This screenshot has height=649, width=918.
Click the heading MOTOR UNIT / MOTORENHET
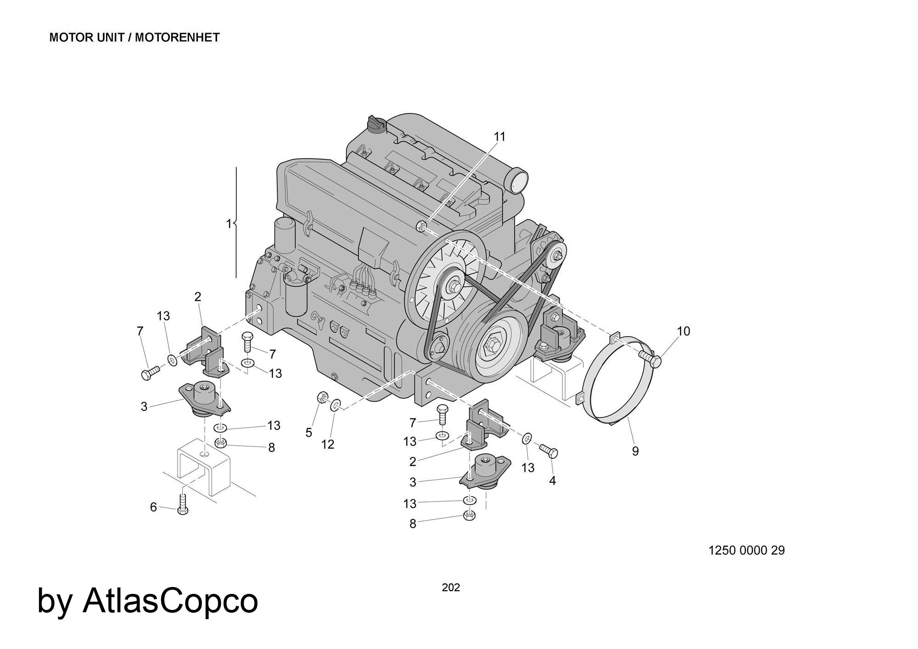134,38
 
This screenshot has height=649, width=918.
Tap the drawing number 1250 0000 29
747,550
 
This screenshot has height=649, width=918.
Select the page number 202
451,587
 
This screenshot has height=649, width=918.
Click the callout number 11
499,136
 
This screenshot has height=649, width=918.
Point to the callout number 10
683,331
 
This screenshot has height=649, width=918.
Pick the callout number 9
635,451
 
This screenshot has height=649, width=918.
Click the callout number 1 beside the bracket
229,224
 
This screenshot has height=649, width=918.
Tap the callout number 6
153,507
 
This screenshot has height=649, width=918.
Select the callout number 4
552,480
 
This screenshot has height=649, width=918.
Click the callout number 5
309,432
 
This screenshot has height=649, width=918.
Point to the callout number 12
328,444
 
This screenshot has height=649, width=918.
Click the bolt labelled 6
183,505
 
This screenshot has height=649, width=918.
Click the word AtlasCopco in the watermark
170,601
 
